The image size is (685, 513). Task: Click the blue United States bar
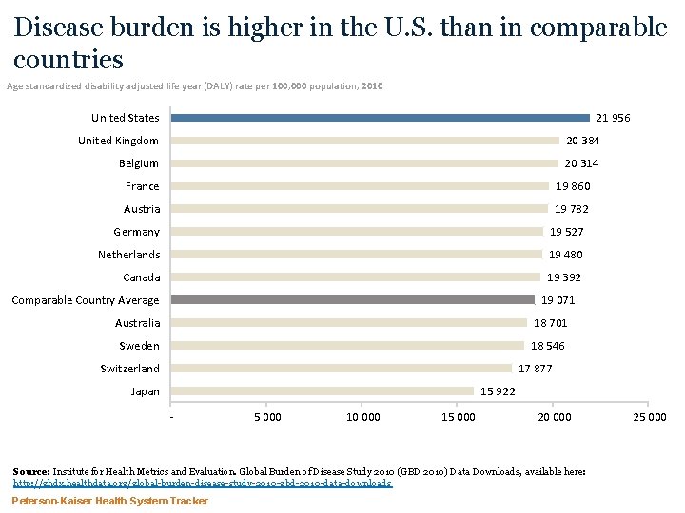point(381,118)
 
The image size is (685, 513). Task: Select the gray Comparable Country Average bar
point(353,300)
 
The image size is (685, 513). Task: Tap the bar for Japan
point(323,391)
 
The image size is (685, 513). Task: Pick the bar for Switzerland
point(342,369)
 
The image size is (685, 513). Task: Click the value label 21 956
point(612,118)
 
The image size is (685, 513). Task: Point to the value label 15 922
point(499,391)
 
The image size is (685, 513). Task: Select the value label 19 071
point(558,300)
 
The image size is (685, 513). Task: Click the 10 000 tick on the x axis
point(363,417)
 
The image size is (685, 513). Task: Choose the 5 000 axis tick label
point(267,417)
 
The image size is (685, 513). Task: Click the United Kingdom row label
point(118,141)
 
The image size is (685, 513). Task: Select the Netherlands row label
point(128,255)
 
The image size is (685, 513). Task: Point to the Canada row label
point(141,277)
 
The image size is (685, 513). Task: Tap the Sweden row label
point(139,346)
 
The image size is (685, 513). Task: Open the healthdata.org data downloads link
point(202,483)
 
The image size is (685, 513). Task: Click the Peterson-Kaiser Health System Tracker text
point(109,501)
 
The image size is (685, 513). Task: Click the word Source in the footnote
point(31,471)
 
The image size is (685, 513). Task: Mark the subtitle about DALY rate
point(195,86)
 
